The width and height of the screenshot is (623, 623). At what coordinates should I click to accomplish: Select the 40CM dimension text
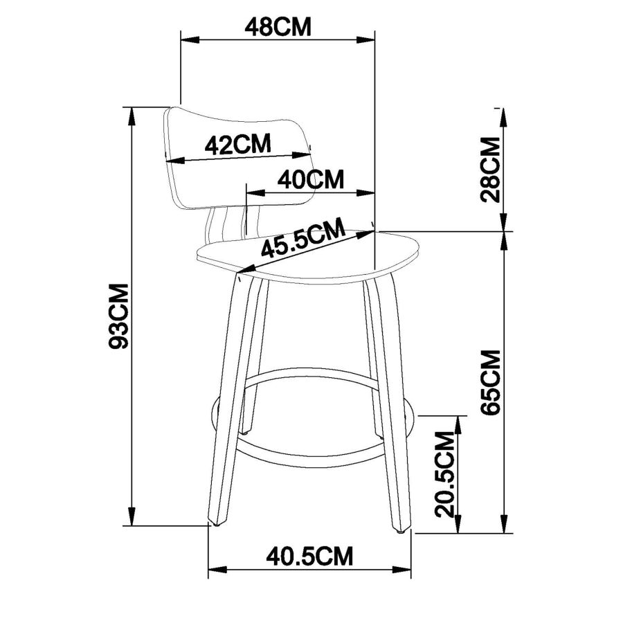(311, 179)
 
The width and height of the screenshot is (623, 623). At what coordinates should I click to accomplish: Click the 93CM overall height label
(119, 316)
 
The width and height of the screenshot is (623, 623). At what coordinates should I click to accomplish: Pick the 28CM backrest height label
(491, 170)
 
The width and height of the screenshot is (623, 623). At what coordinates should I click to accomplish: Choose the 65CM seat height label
(491, 383)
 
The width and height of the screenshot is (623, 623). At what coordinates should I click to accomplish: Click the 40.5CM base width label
(311, 555)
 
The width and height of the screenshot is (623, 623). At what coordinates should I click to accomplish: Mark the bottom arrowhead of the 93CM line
(132, 519)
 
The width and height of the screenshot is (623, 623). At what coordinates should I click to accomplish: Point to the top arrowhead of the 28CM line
(503, 114)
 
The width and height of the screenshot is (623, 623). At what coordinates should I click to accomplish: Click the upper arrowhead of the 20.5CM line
(458, 421)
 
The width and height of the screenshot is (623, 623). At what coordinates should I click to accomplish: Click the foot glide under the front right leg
(399, 531)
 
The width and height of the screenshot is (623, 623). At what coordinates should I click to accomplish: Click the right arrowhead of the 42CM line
(305, 153)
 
